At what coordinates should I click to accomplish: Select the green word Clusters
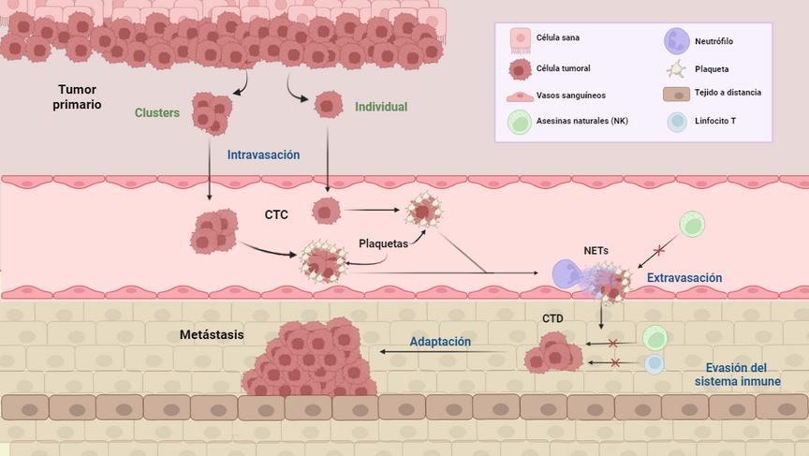157,112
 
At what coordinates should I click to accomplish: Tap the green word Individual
381,107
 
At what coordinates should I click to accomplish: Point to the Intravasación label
263,154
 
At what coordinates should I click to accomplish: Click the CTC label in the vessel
276,214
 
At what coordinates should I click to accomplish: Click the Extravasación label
684,278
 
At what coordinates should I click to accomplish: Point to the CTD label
553,319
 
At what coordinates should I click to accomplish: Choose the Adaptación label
440,342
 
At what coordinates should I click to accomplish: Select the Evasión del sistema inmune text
737,375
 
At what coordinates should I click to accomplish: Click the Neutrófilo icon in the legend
676,41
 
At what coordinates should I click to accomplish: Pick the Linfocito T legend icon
676,122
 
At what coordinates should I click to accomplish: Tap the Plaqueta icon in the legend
676,69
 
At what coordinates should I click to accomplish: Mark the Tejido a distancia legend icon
676,94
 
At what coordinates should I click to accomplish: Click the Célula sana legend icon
520,40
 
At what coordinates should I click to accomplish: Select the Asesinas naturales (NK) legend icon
520,123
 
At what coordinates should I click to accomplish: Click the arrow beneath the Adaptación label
446,353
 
